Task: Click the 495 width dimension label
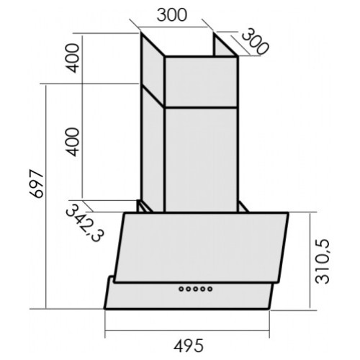pyautogui.click(x=189, y=346)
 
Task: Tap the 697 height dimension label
pyautogui.click(x=37, y=184)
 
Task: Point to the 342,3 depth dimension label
pyautogui.click(x=85, y=222)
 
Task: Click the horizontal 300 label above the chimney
pyautogui.click(x=171, y=15)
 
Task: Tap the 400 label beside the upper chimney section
pyautogui.click(x=73, y=58)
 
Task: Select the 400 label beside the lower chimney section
pyautogui.click(x=73, y=142)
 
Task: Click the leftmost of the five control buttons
pyautogui.click(x=181, y=289)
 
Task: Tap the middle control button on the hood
pyautogui.click(x=196, y=289)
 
